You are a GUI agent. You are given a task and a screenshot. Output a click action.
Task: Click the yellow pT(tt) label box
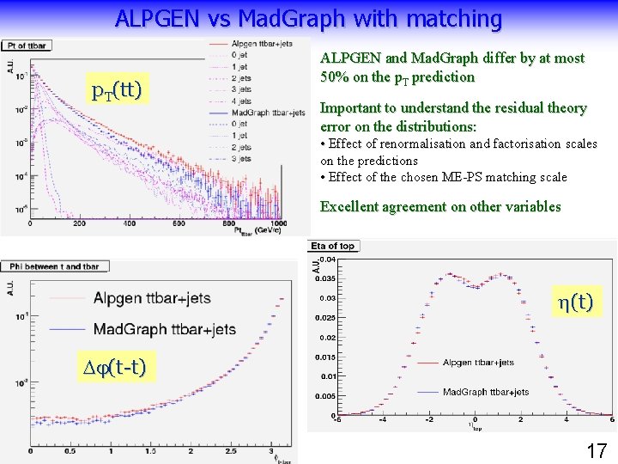[117, 89]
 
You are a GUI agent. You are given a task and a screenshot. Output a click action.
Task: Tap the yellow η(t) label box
[574, 301]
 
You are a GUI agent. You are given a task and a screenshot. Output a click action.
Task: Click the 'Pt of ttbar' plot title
[25, 45]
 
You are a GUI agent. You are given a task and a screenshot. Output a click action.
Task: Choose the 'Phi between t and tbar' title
[53, 266]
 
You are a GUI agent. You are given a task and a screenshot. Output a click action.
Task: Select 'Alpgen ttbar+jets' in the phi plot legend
[152, 299]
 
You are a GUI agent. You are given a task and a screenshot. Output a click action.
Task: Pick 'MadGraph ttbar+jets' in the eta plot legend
[485, 392]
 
